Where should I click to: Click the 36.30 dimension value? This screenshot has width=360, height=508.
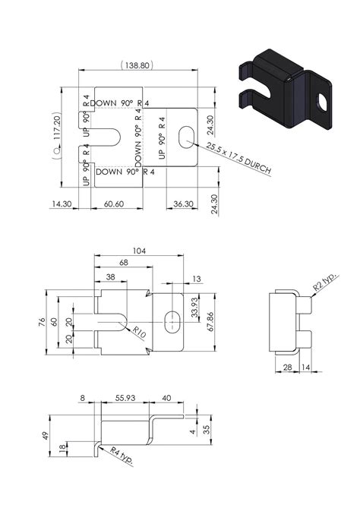point(181,204)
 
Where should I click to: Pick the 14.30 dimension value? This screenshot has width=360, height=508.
point(62,204)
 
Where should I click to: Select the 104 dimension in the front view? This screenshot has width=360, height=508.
point(138,251)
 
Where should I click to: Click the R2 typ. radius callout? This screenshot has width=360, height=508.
point(325,287)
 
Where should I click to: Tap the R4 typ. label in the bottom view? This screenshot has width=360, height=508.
point(118,456)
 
